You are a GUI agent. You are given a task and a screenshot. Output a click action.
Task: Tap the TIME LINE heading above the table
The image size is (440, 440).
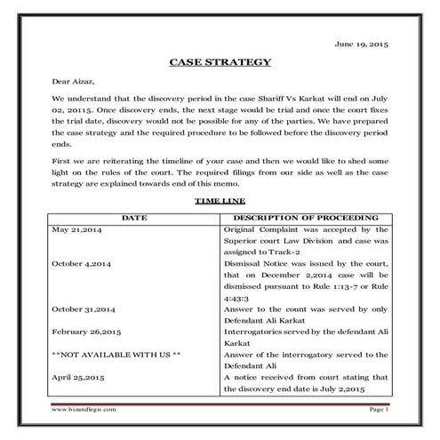[220, 202]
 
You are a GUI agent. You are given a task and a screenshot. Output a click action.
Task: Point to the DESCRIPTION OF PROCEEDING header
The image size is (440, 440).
[305, 217]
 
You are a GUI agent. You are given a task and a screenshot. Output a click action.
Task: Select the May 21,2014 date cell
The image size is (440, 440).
[79, 229]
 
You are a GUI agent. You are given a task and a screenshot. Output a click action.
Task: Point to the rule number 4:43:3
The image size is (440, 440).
[238, 299]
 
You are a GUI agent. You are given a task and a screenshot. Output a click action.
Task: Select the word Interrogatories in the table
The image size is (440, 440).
[252, 332]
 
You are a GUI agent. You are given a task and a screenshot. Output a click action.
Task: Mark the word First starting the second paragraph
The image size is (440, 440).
[61, 162]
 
